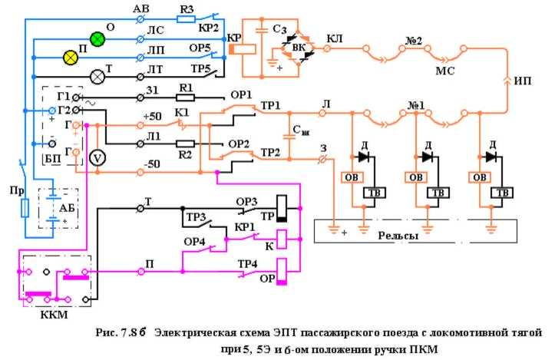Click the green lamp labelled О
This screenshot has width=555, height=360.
point(97,38)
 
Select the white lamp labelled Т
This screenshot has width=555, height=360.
point(97,77)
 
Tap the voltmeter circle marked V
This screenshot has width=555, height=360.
point(97,157)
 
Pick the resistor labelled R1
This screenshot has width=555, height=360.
point(184,97)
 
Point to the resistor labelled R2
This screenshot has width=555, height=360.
point(184,144)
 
